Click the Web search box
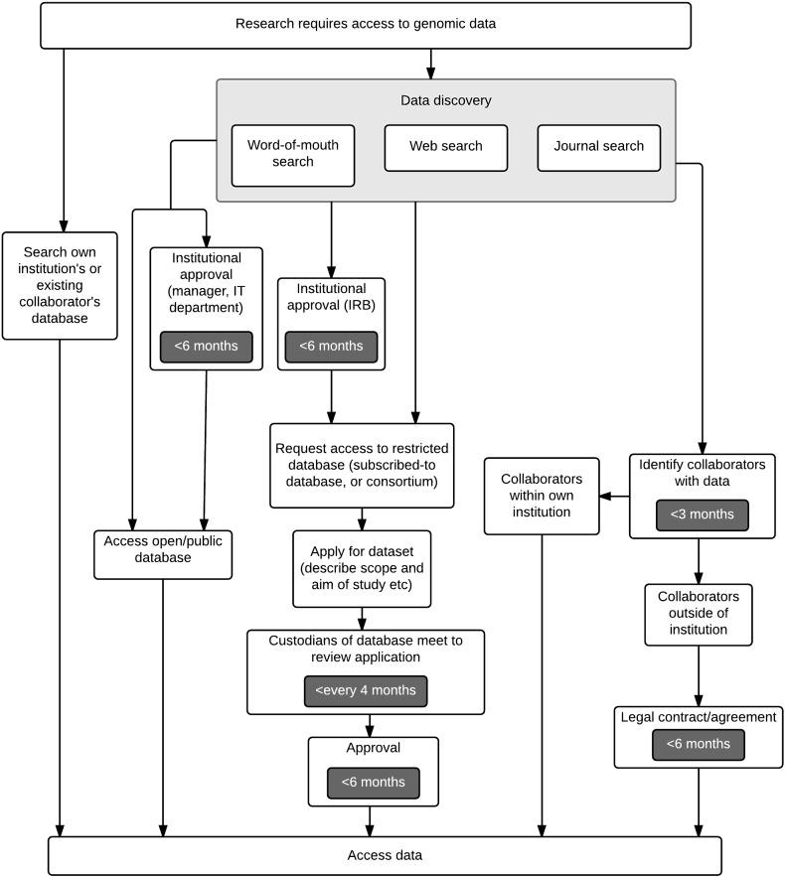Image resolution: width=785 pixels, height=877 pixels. point(445,147)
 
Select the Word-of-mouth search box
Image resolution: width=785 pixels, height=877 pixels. point(292,154)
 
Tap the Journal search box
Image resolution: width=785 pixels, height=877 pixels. point(598,147)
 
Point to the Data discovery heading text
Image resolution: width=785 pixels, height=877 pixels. point(445,100)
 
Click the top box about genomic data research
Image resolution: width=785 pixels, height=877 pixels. point(365,25)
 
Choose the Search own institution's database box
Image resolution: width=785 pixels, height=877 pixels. point(60,285)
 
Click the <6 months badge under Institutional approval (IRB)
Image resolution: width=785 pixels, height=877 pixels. point(331,347)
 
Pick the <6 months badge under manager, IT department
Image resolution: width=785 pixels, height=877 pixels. point(206,347)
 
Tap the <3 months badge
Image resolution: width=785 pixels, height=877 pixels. point(702,514)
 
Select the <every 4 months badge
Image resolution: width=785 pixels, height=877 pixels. point(366,690)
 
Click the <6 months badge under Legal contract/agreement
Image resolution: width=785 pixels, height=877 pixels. point(697,744)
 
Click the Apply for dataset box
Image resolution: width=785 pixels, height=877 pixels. point(362,568)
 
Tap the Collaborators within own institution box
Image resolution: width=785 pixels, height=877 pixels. point(542,496)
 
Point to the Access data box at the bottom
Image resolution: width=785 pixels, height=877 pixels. point(384,855)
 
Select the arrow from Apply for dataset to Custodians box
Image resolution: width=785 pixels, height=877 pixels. point(363,618)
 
